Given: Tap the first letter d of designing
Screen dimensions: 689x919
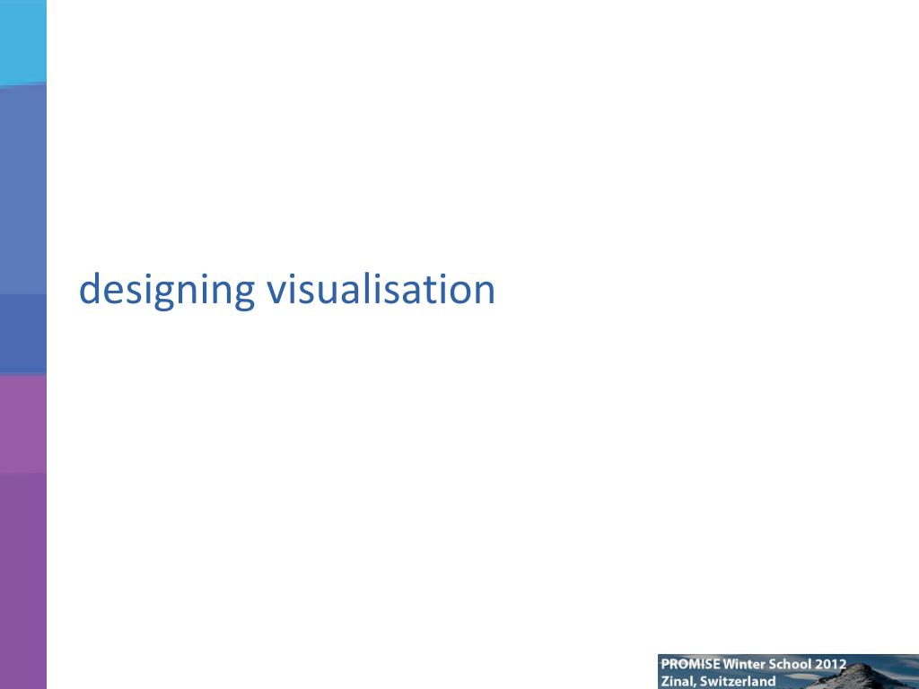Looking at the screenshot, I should tap(90, 289).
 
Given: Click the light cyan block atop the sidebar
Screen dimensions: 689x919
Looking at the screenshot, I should tap(22, 40).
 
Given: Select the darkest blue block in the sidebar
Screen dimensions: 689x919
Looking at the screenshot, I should tap(22, 334).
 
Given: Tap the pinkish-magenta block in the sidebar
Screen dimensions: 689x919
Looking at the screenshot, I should tap(22, 423).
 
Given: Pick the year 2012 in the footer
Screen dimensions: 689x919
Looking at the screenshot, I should tap(831, 665).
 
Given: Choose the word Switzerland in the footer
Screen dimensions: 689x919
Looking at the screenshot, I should tap(737, 681).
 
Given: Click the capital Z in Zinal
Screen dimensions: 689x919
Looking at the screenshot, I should tap(665, 681).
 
